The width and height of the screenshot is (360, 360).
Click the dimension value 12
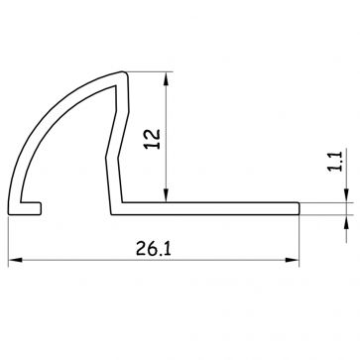pyautogui.click(x=153, y=139)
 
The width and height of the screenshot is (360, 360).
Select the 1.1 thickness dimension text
pyautogui.click(x=336, y=161)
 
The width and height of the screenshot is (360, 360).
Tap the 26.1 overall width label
pyautogui.click(x=154, y=249)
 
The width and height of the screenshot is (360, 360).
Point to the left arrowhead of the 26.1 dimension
pyautogui.click(x=15, y=260)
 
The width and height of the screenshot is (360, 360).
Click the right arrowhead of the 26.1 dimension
pyautogui.click(x=292, y=260)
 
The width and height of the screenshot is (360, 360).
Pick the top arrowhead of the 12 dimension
pyautogui.click(x=166, y=79)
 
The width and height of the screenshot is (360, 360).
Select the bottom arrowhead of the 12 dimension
pyautogui.click(x=166, y=195)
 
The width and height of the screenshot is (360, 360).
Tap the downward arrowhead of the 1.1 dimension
pyautogui.click(x=346, y=195)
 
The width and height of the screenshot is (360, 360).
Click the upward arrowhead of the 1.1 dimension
pyautogui.click(x=346, y=222)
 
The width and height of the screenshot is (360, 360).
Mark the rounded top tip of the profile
pyautogui.click(x=123, y=73)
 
